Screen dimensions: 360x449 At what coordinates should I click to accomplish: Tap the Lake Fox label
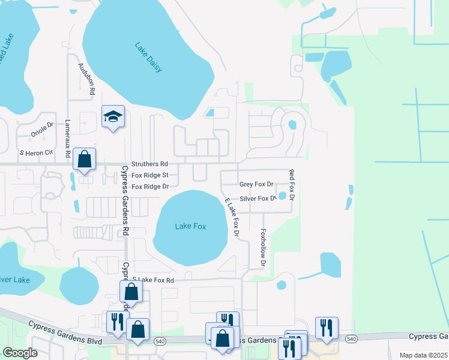[x=190, y=226]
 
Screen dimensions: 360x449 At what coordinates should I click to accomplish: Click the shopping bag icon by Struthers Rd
[x=85, y=160]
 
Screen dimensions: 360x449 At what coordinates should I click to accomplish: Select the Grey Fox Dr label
[x=256, y=185]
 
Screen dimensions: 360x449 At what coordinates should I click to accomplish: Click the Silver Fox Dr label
[x=258, y=199]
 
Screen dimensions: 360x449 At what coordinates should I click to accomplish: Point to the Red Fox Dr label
[x=292, y=185]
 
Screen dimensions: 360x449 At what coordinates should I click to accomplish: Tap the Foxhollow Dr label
[x=263, y=247]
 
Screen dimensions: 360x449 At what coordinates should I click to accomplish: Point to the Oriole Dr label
[x=42, y=129]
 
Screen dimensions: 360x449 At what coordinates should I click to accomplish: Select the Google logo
[x=20, y=353]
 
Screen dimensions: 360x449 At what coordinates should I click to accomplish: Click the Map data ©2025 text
[x=423, y=355]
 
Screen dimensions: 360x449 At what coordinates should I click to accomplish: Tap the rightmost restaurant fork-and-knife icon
[x=327, y=328]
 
